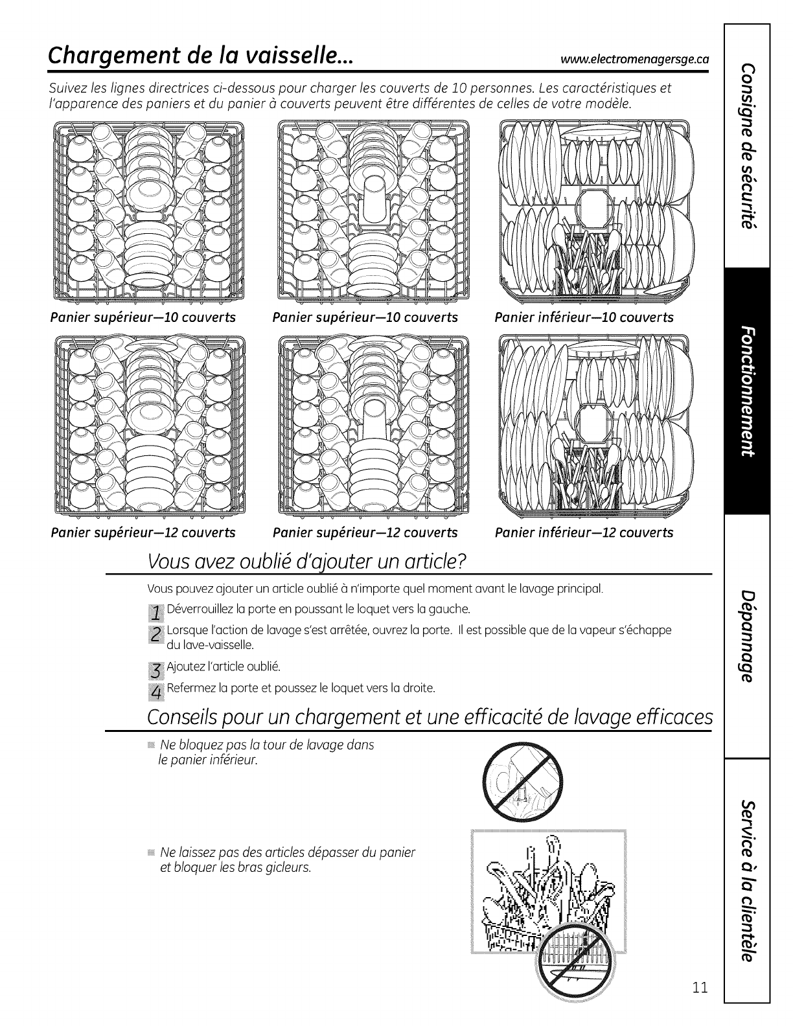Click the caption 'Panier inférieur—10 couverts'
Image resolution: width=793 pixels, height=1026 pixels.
[x=584, y=317]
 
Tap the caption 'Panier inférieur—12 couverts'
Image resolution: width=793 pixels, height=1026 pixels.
[x=584, y=532]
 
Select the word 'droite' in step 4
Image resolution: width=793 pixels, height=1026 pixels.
[x=419, y=687]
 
